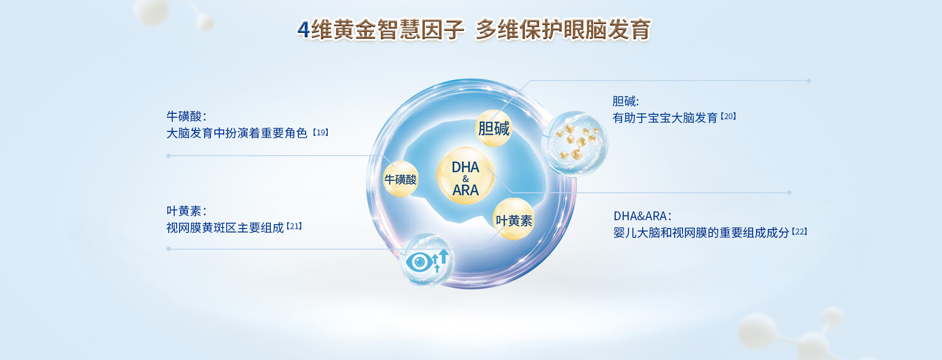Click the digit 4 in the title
pyautogui.click(x=304, y=29)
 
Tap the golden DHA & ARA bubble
pyautogui.click(x=465, y=176)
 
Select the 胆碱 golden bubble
pyautogui.click(x=494, y=129)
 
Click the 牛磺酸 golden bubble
pyautogui.click(x=400, y=180)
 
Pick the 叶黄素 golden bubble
pyautogui.click(x=514, y=220)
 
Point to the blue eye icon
pyautogui.click(x=419, y=262)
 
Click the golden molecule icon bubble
pyautogui.click(x=575, y=143)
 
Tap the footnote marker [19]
pyautogui.click(x=321, y=132)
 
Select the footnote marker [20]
pyautogui.click(x=729, y=117)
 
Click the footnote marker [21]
pyautogui.click(x=294, y=226)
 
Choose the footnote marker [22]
pyautogui.click(x=800, y=231)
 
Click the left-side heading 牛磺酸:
pyautogui.click(x=186, y=116)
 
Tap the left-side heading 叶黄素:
pyautogui.click(x=186, y=211)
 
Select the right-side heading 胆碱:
pyautogui.click(x=626, y=101)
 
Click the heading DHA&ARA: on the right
pyautogui.click(x=642, y=216)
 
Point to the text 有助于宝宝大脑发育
pyautogui.click(x=665, y=118)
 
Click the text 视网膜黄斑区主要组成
pyautogui.click(x=225, y=228)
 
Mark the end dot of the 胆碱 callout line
pyautogui.click(x=809, y=81)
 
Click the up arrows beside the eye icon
pyautogui.click(x=440, y=260)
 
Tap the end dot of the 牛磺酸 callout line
pyautogui.click(x=168, y=156)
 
